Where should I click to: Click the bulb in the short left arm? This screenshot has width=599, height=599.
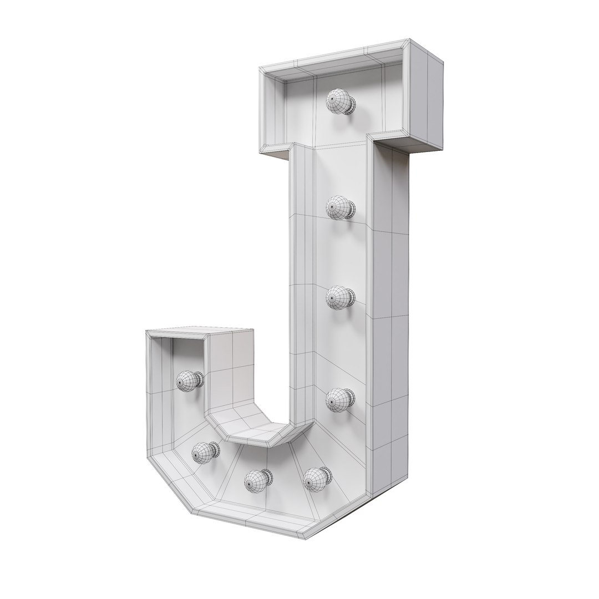tap(188, 380)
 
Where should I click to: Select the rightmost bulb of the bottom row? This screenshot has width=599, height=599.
tap(316, 479)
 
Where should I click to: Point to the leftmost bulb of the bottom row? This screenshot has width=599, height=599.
tap(204, 453)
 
